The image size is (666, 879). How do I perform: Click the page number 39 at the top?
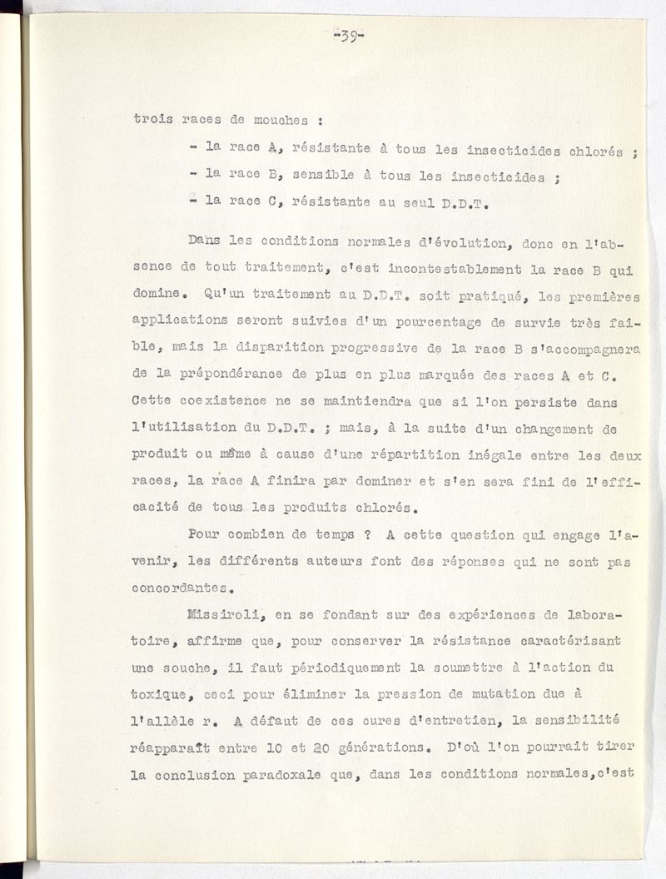click(x=349, y=37)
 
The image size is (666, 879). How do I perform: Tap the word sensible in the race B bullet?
click(x=318, y=177)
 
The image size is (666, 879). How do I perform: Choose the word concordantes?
click(x=179, y=587)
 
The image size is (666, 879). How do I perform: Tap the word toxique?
click(x=159, y=694)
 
